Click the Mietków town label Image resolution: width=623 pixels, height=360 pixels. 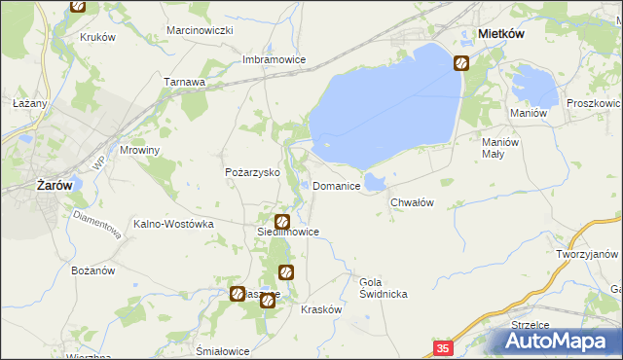502,33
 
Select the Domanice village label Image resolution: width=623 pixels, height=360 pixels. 337,186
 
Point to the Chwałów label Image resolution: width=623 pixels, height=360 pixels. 411,202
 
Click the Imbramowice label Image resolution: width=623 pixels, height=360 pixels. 274,59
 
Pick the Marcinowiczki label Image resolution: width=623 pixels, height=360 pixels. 200,31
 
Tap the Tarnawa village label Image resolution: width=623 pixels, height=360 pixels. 184,83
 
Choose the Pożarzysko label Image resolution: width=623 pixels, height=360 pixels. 252,172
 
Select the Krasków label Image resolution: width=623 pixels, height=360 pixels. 321,308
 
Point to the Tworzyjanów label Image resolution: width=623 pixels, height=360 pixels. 589,253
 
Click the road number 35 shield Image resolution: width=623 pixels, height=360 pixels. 443,347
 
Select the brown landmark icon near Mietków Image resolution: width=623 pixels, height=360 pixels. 460,64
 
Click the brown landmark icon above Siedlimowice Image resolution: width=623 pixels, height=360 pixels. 282,221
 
